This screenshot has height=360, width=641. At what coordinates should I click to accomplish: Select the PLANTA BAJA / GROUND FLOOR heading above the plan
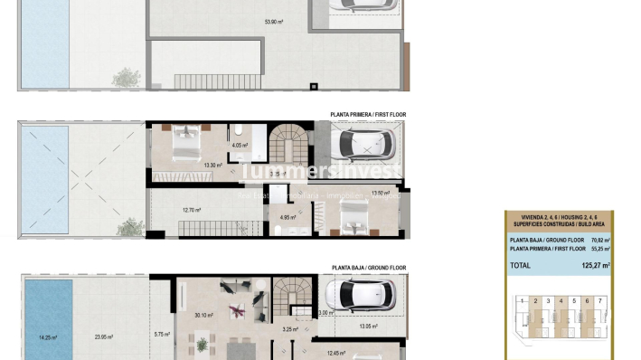pos(369,268)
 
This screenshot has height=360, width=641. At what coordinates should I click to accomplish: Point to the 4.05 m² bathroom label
pos(240,145)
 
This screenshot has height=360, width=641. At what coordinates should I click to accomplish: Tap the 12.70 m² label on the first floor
pos(192,211)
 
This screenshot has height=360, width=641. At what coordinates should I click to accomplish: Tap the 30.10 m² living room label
pos(203,315)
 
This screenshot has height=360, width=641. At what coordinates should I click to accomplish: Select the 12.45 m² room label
pos(336,354)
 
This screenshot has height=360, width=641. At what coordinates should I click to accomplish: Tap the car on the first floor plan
pos(362,143)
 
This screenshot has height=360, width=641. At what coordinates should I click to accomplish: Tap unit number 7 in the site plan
pos(599,299)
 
